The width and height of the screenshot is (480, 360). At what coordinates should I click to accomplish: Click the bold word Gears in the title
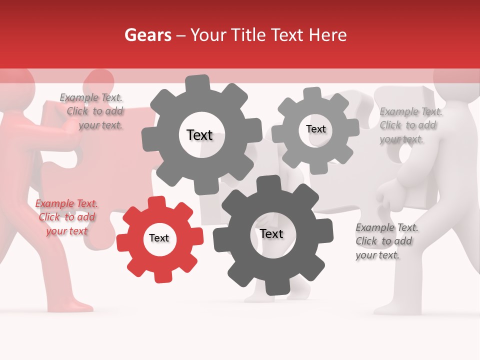(147, 35)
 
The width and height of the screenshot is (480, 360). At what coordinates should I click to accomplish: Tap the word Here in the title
(328, 35)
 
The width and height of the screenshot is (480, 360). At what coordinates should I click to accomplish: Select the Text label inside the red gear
(159, 238)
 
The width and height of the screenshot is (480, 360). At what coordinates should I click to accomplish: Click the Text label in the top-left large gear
(199, 135)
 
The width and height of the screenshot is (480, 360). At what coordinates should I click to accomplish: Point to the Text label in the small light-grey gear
(315, 129)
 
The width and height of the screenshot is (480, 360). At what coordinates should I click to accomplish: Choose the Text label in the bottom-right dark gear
(271, 233)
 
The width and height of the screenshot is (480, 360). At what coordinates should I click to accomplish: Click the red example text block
(66, 217)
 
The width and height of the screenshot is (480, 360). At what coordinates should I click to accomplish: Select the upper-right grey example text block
(410, 125)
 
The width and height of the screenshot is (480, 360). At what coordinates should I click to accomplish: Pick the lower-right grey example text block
(386, 241)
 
